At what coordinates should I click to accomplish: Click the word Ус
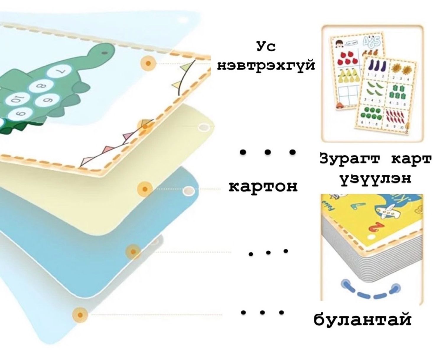pos(266,47)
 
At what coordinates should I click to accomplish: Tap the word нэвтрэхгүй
pos(266,65)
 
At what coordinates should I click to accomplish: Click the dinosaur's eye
pos(104,53)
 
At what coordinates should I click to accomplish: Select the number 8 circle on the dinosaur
pos(42,87)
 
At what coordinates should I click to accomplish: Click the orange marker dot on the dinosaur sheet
pos(149,63)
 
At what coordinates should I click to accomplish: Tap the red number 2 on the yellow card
pos(374,227)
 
